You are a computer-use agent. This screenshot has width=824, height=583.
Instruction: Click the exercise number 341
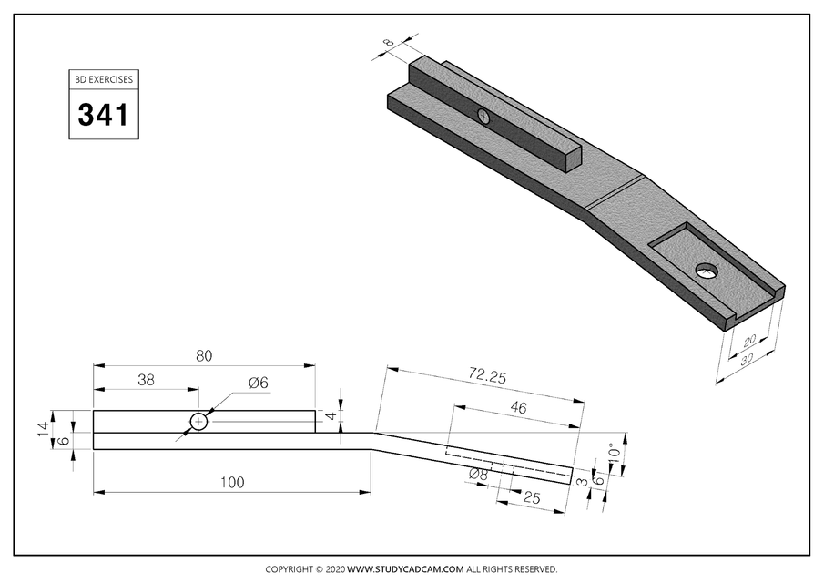[x=103, y=115]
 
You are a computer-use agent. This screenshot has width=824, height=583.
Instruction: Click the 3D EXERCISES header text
[x=103, y=79]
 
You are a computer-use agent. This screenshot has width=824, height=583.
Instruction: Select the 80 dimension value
[x=204, y=356]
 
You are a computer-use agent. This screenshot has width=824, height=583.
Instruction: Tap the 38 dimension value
[x=146, y=381]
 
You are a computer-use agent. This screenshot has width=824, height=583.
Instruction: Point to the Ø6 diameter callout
[x=259, y=384]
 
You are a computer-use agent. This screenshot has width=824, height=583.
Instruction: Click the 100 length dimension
[x=232, y=483]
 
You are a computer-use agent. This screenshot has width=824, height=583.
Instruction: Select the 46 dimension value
[x=518, y=409]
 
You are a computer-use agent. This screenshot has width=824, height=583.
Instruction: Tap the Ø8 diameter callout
[x=478, y=475]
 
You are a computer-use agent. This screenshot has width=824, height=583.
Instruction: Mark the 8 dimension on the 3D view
[x=389, y=42]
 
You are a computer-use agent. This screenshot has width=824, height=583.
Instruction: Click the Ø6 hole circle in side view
[x=198, y=422]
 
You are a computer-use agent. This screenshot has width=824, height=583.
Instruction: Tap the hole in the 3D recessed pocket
[x=706, y=270]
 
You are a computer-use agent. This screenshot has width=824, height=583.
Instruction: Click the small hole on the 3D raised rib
[x=483, y=116]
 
